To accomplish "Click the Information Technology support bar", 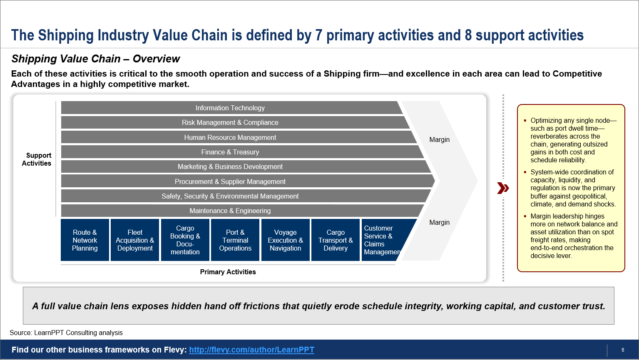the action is [230, 108].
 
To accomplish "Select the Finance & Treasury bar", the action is [230, 152].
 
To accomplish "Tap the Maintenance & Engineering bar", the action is [230, 211].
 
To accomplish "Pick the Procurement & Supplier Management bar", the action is [230, 181].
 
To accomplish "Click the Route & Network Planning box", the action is [85, 240].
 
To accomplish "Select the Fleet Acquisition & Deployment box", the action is [135, 240].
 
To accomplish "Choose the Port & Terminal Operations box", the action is [235, 240].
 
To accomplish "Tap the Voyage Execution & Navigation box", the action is [285, 240].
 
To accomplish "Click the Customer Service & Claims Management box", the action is [382, 240].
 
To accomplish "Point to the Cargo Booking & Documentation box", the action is [185, 240].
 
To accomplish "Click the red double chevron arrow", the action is [503, 188].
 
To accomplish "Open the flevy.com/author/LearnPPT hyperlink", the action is [251, 350].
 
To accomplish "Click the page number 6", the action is [623, 350].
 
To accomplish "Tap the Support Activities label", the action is [37, 159].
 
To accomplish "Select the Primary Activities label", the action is [228, 272].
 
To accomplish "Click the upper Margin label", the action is [439, 139].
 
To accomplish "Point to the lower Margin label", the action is [439, 222].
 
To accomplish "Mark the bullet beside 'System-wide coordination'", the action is [525, 172].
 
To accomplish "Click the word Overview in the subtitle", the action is [156, 59].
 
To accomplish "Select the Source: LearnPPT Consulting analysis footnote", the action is [66, 333].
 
